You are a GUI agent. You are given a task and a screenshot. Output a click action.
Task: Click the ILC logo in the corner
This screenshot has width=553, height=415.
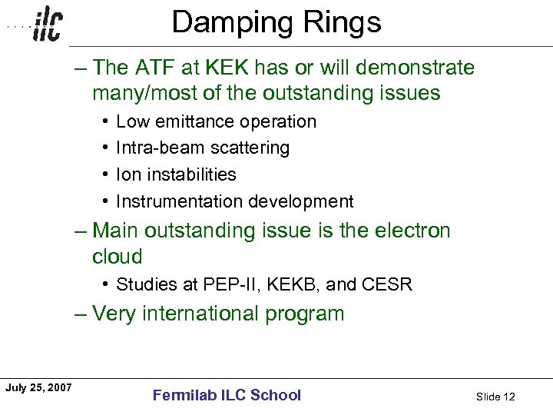pos(46,25)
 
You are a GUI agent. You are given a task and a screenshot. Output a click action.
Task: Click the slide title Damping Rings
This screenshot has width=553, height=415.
pos(276,23)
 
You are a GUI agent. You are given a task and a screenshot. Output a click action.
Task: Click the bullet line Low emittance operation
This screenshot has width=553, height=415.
pos(216,121)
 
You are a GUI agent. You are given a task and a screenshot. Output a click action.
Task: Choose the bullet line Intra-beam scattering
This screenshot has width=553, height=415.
pos(203,148)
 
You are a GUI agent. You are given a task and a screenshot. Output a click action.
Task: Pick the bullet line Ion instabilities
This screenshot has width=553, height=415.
pos(176,174)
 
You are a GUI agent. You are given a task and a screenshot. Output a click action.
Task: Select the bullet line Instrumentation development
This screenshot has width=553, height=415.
pos(234,201)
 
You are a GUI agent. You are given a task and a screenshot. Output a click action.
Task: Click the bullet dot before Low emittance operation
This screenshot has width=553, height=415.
pos(104,121)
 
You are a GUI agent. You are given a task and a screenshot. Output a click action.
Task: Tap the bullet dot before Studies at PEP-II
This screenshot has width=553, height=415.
pos(104,284)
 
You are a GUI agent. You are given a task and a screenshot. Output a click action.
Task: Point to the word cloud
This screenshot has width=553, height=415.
pos(118,257)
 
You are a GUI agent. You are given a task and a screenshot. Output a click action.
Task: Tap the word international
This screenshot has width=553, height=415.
pos(206,314)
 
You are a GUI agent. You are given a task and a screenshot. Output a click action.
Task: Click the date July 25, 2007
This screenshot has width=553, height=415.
pos(38,387)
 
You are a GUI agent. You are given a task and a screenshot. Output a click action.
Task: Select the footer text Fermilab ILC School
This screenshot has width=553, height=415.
pos(227,396)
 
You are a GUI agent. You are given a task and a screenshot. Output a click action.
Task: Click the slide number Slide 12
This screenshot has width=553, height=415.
pos(495,397)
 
